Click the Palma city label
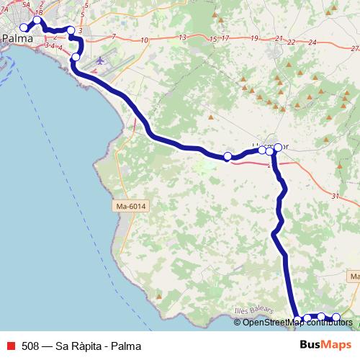point(18,38)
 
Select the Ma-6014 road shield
point(130,207)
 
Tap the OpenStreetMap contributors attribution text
point(297,322)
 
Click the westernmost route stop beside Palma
point(24,27)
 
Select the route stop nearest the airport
point(76,56)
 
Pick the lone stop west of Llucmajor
point(228,156)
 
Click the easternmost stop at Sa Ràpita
point(336,318)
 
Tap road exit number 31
point(335,196)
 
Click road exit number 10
point(145,40)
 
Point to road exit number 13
point(182,37)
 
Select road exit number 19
point(254,38)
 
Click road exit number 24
point(312,42)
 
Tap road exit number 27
point(354,48)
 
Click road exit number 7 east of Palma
point(114,36)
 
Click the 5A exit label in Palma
point(27,4)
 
